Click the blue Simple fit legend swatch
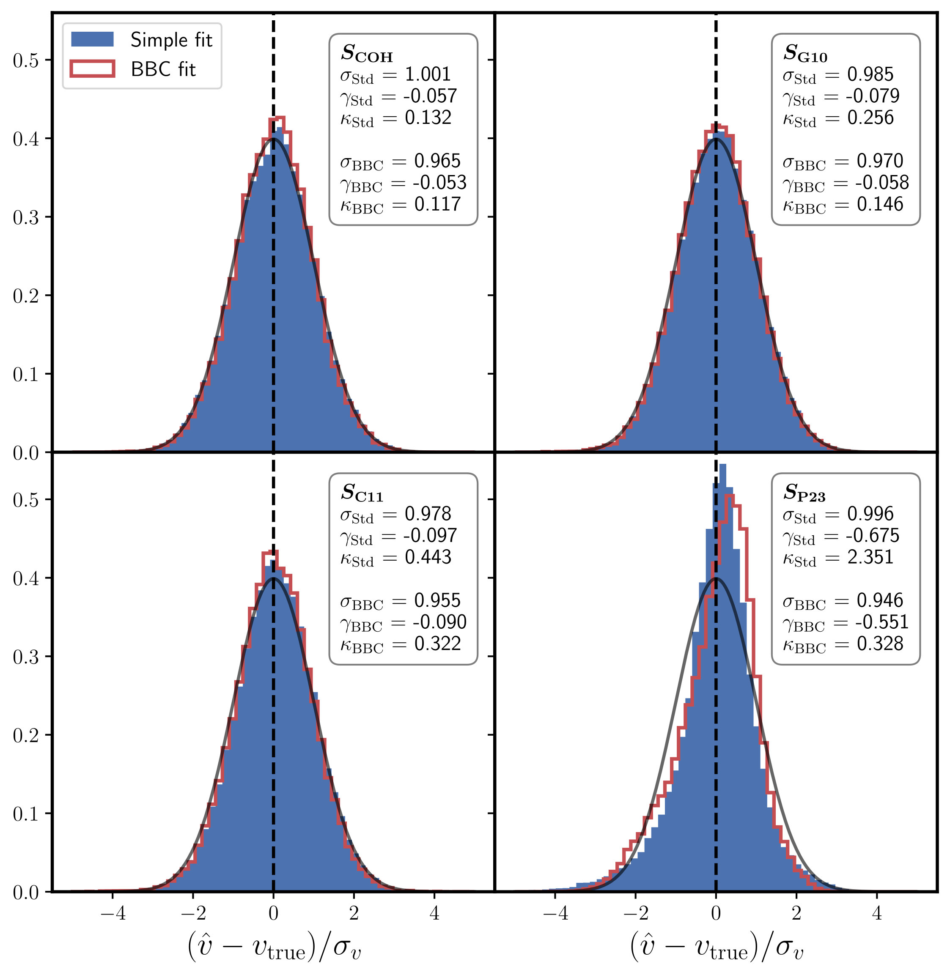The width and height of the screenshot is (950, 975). click(92, 39)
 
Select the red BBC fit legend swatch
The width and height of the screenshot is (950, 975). click(92, 69)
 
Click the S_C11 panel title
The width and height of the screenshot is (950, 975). click(362, 493)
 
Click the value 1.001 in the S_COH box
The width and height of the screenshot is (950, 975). click(428, 74)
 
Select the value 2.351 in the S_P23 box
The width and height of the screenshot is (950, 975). click(870, 557)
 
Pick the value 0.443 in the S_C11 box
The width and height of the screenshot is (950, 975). click(428, 557)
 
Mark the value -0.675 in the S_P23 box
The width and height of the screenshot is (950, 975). click(872, 536)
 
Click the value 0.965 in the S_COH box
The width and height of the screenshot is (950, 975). click(437, 161)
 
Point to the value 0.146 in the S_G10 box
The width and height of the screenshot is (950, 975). click(880, 205)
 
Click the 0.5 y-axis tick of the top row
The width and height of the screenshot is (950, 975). click(25, 60)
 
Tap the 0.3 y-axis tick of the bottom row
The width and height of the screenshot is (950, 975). click(25, 657)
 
